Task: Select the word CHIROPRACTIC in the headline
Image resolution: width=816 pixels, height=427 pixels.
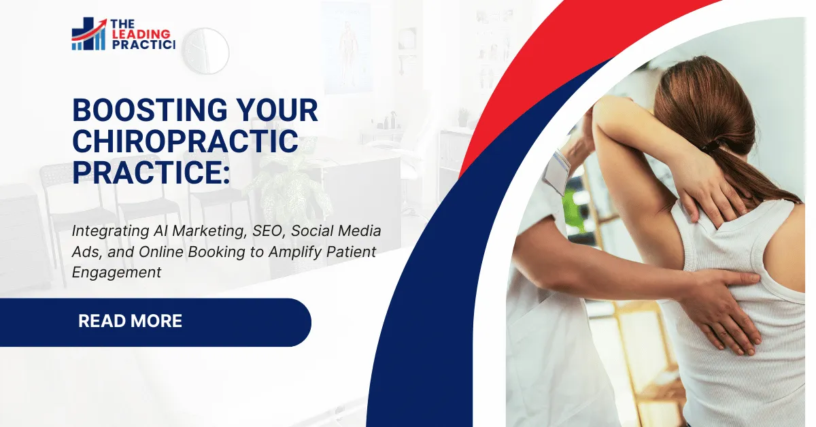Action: pos(185,141)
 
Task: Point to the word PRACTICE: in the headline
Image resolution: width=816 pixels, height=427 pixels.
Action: pos(151,172)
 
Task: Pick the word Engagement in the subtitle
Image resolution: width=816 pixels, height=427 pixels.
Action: pos(116,272)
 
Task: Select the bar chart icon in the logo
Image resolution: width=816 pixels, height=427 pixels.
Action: pos(89,36)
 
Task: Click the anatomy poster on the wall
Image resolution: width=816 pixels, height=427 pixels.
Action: pos(347,48)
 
